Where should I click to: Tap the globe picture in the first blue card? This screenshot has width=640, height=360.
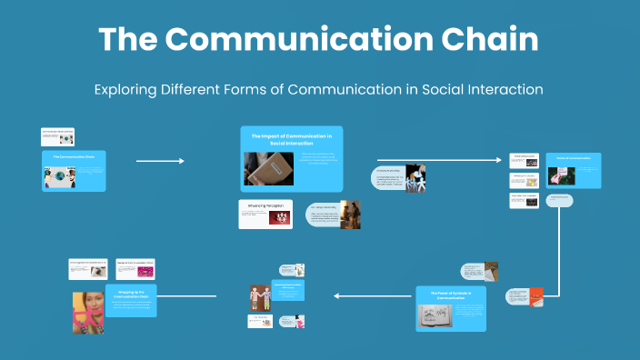point(54,176)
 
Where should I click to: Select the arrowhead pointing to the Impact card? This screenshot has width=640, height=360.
point(181,161)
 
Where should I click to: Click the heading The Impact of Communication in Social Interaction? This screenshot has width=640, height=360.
point(279,139)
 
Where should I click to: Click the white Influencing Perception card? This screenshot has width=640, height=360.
point(265,213)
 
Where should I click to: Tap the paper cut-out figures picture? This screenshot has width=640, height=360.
point(415,178)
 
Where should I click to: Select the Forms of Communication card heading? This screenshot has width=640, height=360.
point(573,159)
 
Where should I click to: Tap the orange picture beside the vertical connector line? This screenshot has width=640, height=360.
point(536,295)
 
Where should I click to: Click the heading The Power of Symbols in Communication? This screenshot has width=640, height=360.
point(452,295)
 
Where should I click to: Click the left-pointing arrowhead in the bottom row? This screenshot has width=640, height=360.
point(337,295)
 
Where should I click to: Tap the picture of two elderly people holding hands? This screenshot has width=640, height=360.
point(260,296)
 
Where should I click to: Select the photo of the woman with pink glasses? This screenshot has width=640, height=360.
point(87,312)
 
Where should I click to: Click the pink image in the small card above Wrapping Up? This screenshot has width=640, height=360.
point(145,271)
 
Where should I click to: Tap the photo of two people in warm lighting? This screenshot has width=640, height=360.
point(350,215)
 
